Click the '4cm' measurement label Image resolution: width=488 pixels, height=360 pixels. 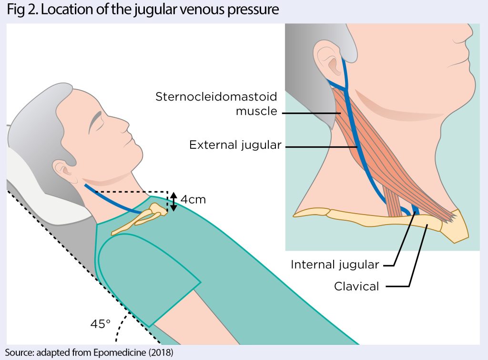click(193, 199)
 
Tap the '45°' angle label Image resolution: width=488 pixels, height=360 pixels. click(100, 324)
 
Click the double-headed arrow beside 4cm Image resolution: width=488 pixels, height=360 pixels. click(174, 202)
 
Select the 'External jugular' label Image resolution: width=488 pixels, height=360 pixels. click(235, 145)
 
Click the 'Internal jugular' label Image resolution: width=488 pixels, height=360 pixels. click(335, 264)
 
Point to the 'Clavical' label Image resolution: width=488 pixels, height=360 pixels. click(356, 287)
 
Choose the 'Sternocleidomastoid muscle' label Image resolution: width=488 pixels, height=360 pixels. click(216, 104)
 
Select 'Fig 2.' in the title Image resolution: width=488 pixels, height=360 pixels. click(22, 10)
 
